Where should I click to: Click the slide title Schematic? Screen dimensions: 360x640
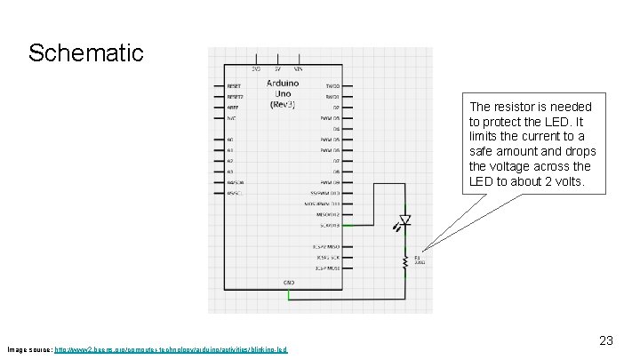coord(85,52)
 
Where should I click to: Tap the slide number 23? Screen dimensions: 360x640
coord(606,340)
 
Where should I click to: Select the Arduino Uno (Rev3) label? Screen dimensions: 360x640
coord(283,93)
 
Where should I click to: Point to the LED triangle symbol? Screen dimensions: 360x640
coord(405,219)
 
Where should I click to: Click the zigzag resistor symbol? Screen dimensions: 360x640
coord(405,260)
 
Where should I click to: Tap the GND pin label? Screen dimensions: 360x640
coord(289,282)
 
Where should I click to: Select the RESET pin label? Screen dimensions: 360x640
coord(235,87)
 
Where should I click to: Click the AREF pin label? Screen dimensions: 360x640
coord(233,108)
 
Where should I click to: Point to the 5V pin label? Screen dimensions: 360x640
coord(276,68)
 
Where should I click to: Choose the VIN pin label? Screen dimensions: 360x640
coord(298,68)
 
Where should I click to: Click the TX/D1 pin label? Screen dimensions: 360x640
coord(332,87)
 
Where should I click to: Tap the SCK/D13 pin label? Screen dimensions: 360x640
coord(329,225)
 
